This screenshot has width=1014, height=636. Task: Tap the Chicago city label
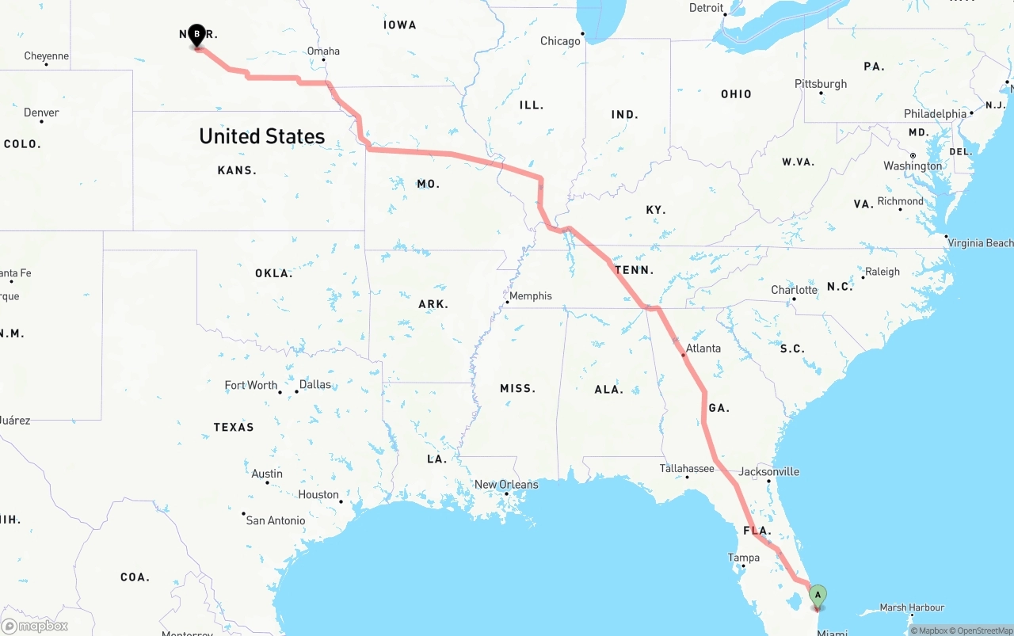coord(560,41)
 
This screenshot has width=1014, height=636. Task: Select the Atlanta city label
coord(703,348)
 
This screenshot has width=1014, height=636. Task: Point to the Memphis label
coord(530,296)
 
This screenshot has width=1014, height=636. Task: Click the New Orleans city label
coord(505,485)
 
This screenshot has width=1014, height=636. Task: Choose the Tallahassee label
coord(687,469)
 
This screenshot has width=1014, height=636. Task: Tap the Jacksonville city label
coord(768,472)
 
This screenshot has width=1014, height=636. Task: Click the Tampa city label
coord(743,558)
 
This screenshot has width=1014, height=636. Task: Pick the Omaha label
coord(323,51)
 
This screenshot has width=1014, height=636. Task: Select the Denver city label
coord(41,112)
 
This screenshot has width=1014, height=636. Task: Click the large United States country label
coord(261,136)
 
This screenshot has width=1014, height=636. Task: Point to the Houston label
coord(318,495)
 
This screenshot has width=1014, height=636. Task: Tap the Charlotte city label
coord(794,290)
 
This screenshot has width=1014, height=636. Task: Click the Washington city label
coord(913,166)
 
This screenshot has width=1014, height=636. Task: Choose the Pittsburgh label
coord(821,84)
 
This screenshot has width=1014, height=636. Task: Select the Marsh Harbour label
coord(912,607)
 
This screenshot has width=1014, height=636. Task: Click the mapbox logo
coord(35,626)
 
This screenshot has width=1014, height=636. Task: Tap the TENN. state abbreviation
coord(635,270)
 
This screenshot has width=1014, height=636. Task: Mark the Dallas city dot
coord(296,391)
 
